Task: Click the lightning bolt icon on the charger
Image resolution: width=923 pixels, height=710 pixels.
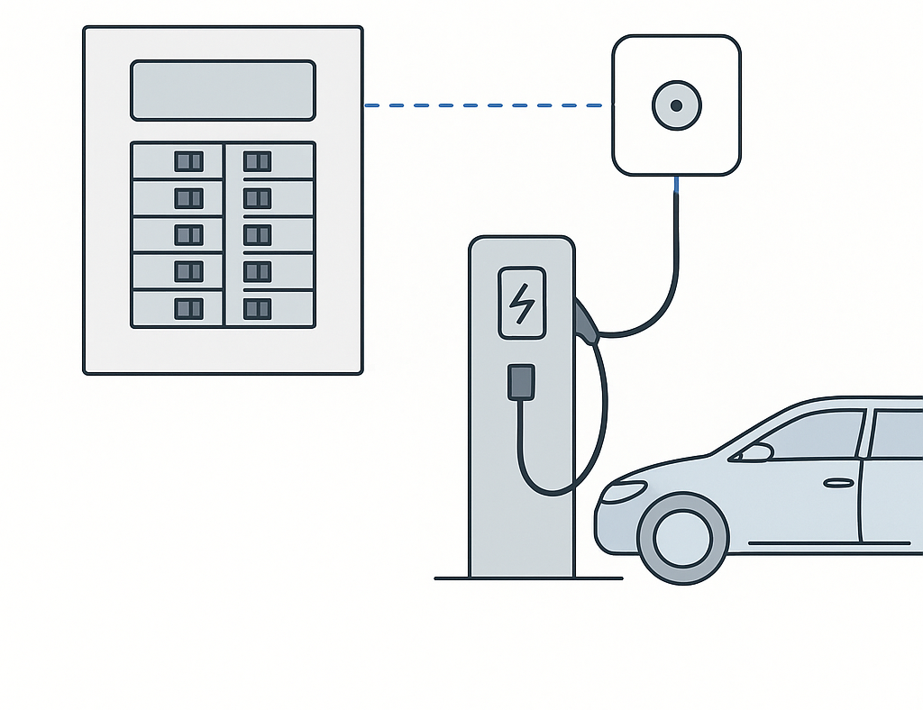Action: (x=521, y=303)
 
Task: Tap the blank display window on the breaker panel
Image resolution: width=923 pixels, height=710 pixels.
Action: (x=223, y=90)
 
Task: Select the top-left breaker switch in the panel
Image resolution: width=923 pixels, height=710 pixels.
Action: (x=188, y=161)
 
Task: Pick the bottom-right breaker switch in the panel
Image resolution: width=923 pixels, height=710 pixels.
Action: (x=257, y=308)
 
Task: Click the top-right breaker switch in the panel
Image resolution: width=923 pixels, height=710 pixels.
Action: (x=257, y=161)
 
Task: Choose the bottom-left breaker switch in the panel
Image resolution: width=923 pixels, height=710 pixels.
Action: (x=188, y=308)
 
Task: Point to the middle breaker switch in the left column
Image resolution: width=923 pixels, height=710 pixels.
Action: (x=188, y=235)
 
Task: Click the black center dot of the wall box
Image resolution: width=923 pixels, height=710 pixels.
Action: (x=676, y=105)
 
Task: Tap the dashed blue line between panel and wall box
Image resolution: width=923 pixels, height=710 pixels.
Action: (x=487, y=105)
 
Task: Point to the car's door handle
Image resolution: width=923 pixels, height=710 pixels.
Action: (x=838, y=483)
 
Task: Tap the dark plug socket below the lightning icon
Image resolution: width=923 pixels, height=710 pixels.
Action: (x=521, y=381)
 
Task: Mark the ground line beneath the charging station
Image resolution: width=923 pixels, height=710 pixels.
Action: (x=528, y=578)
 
